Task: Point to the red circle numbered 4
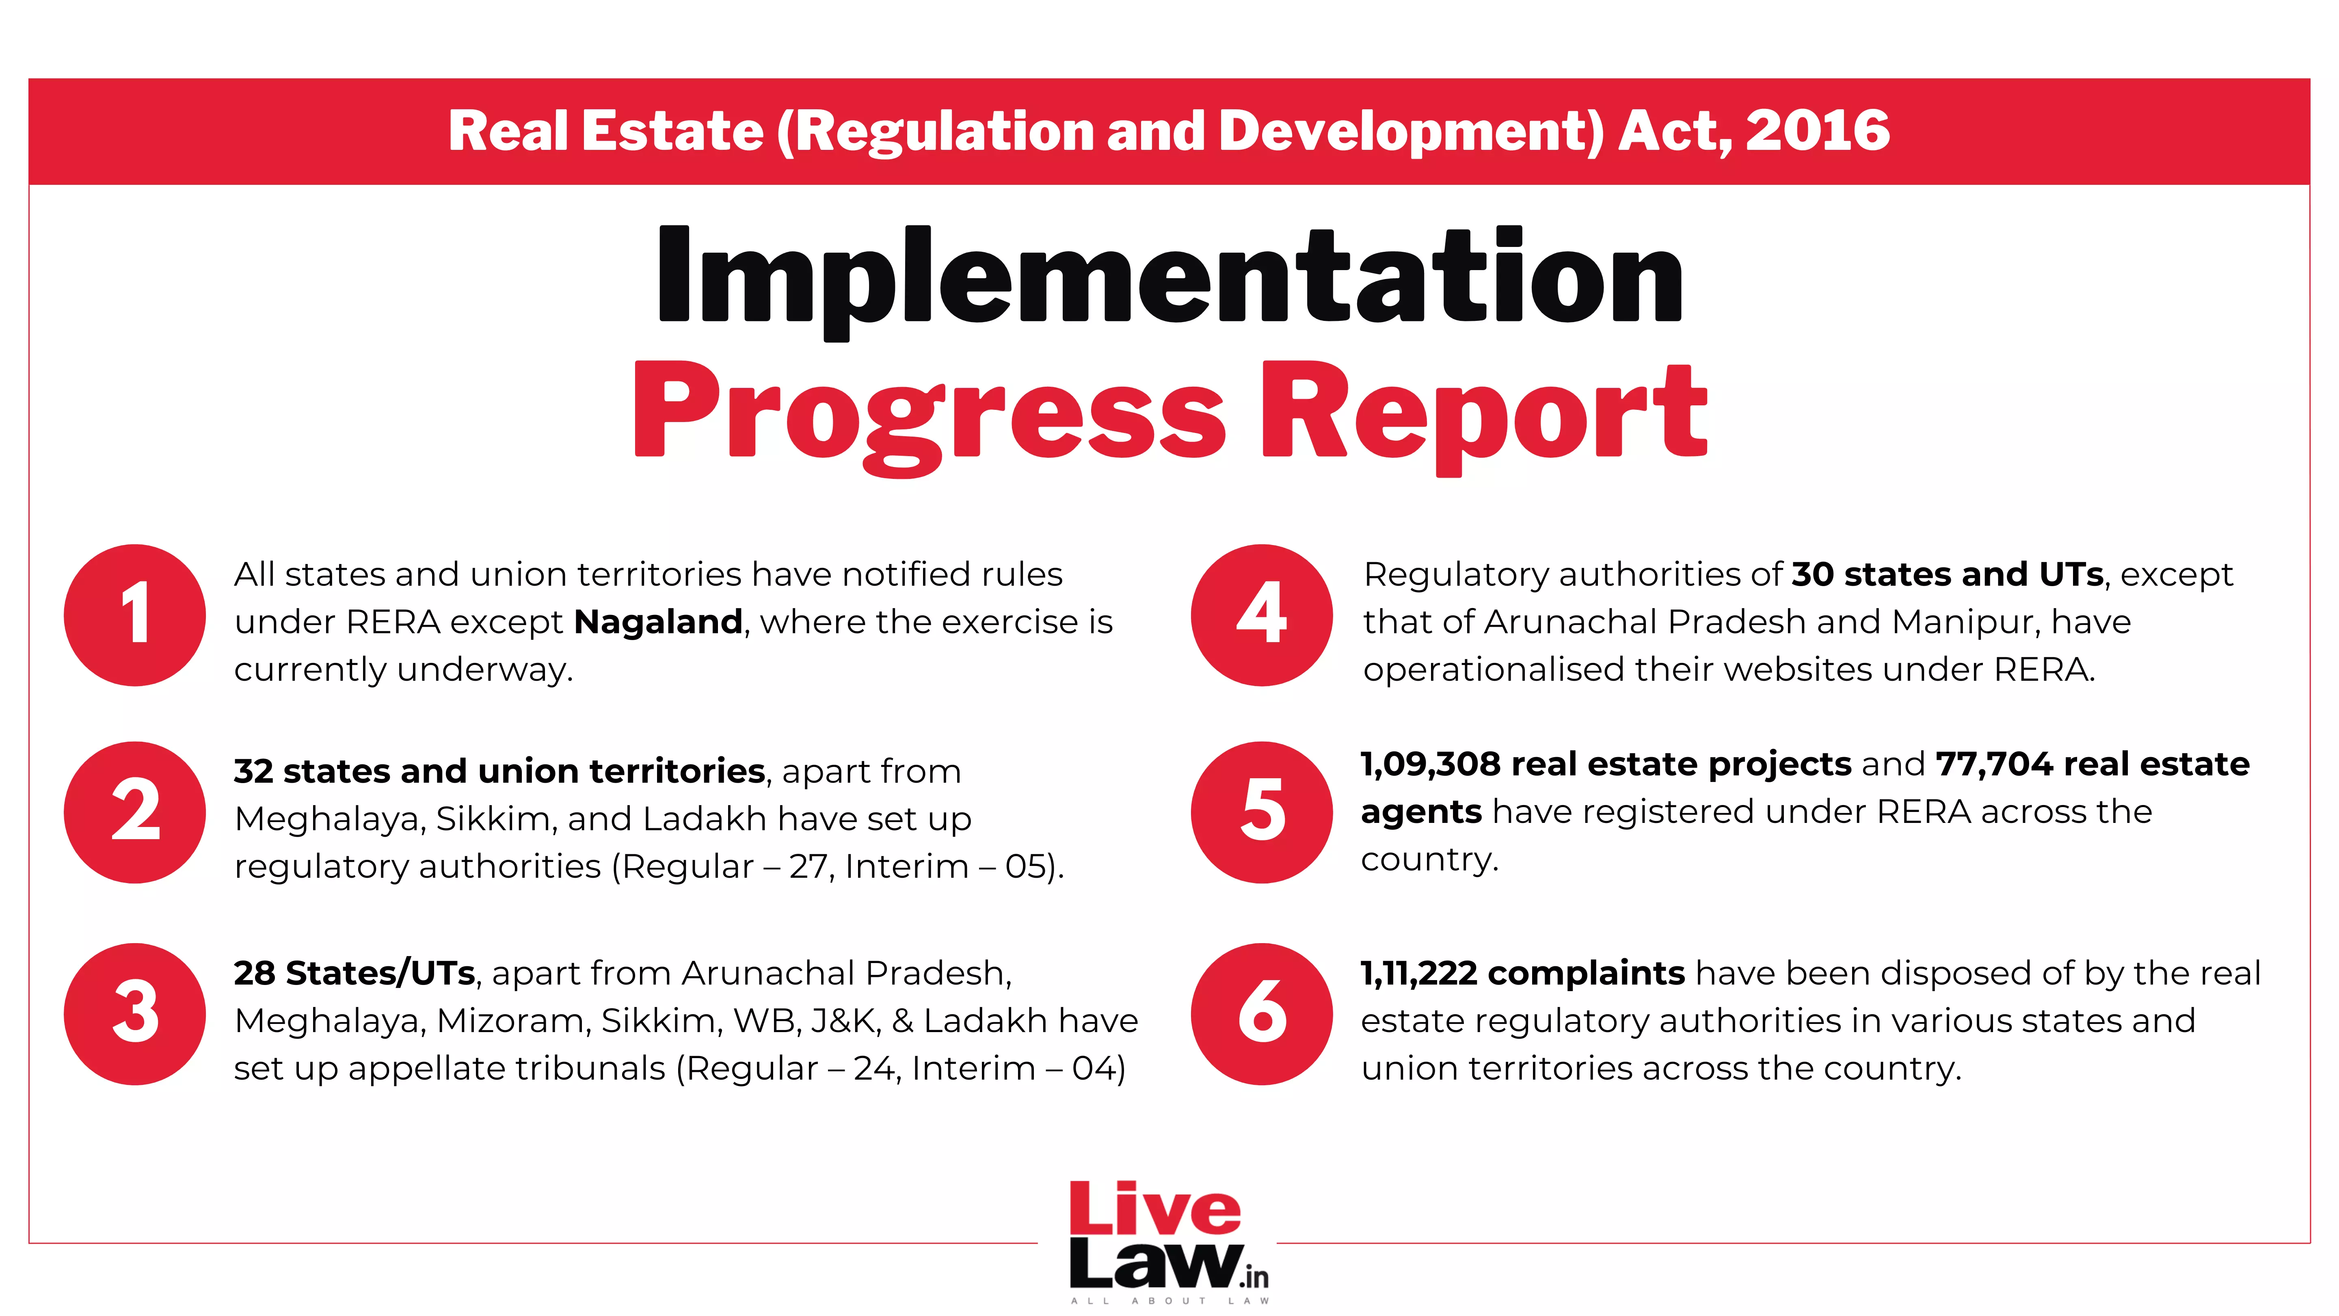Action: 1262,615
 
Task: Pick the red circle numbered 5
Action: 1262,812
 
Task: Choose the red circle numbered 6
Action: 1262,1013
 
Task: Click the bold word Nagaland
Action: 658,622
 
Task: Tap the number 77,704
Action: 1994,765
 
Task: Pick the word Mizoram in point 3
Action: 513,1021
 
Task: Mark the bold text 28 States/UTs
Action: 354,974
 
